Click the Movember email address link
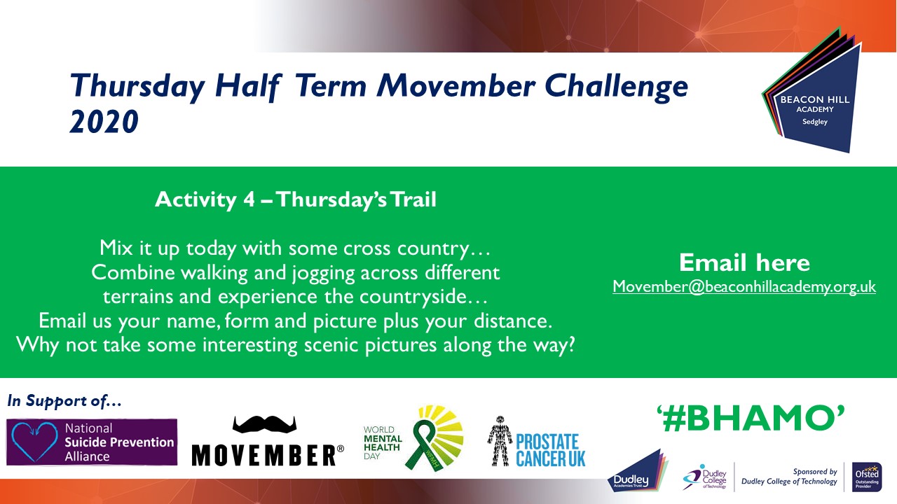744,287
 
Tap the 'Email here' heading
744,262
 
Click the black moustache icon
264,424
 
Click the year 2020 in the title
104,122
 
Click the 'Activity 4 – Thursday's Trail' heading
296,199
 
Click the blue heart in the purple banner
35,442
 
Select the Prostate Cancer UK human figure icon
500,441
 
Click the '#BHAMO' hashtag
751,419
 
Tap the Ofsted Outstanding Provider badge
867,477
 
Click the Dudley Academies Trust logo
638,471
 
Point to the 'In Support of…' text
64,401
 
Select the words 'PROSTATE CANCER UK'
551,450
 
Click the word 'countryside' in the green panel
413,297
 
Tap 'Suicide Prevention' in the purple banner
119,442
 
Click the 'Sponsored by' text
815,472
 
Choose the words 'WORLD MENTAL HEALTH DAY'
383,443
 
